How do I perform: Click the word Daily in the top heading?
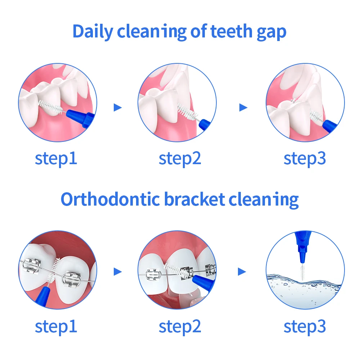pyautogui.click(x=93, y=32)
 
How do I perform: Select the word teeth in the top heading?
pyautogui.click(x=231, y=31)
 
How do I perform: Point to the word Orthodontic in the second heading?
pyautogui.click(x=110, y=199)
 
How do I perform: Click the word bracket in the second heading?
pyautogui.click(x=195, y=199)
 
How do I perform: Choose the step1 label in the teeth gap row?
pyautogui.click(x=56, y=159)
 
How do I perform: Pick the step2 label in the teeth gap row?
pyautogui.click(x=180, y=159)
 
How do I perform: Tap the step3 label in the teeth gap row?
pyautogui.click(x=305, y=159)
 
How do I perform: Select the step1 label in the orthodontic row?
pyautogui.click(x=56, y=327)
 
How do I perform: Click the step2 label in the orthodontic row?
pyautogui.click(x=180, y=327)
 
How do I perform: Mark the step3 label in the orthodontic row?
pyautogui.click(x=305, y=327)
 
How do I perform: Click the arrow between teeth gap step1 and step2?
pyautogui.click(x=117, y=107)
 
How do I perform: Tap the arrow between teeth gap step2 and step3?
pyautogui.click(x=243, y=107)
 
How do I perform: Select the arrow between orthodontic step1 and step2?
pyautogui.click(x=117, y=272)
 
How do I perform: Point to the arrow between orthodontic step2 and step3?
pyautogui.click(x=242, y=272)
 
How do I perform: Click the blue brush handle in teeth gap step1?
pyautogui.click(x=80, y=118)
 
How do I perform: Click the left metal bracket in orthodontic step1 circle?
pyautogui.click(x=31, y=266)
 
